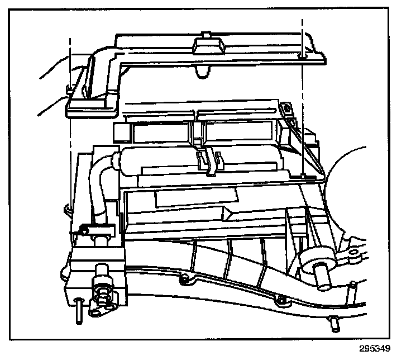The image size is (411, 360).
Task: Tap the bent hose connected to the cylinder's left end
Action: (x=101, y=179)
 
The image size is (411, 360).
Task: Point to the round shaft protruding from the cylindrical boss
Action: (x=323, y=276)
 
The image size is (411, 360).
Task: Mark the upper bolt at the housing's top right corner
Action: (x=287, y=106)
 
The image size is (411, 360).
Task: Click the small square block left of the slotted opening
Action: (x=121, y=132)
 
